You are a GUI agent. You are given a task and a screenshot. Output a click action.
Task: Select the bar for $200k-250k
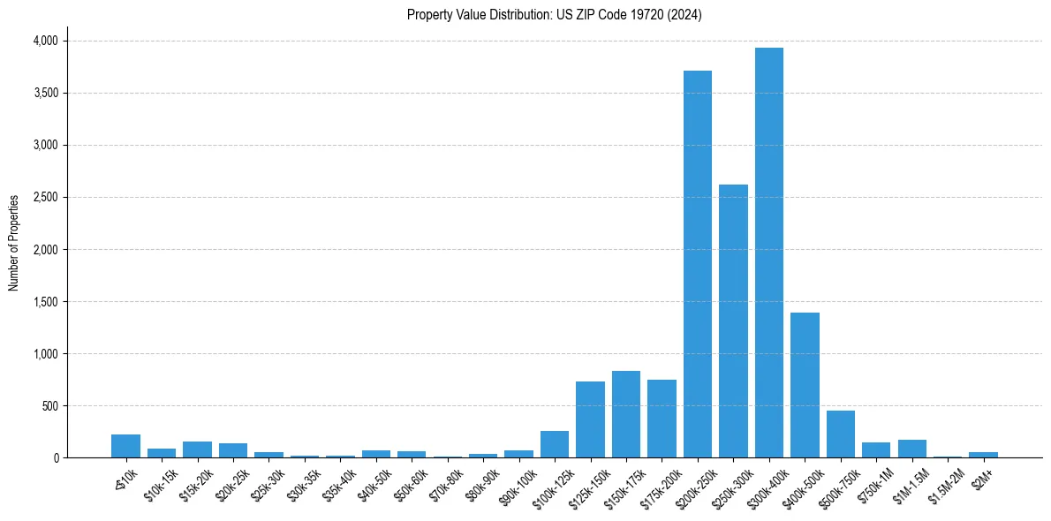coord(698,264)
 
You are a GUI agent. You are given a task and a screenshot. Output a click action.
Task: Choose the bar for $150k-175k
coord(626,414)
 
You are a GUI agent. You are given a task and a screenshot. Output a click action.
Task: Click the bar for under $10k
coord(125,446)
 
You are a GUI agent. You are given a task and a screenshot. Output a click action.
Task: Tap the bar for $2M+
coord(983,455)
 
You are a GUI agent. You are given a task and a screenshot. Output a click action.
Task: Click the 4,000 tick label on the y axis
coord(45,41)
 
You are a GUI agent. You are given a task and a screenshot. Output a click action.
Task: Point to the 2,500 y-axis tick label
coord(45,198)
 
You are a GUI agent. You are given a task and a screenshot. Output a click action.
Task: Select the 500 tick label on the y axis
coord(50,406)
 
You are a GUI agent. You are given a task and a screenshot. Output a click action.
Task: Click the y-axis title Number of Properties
coord(14,243)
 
